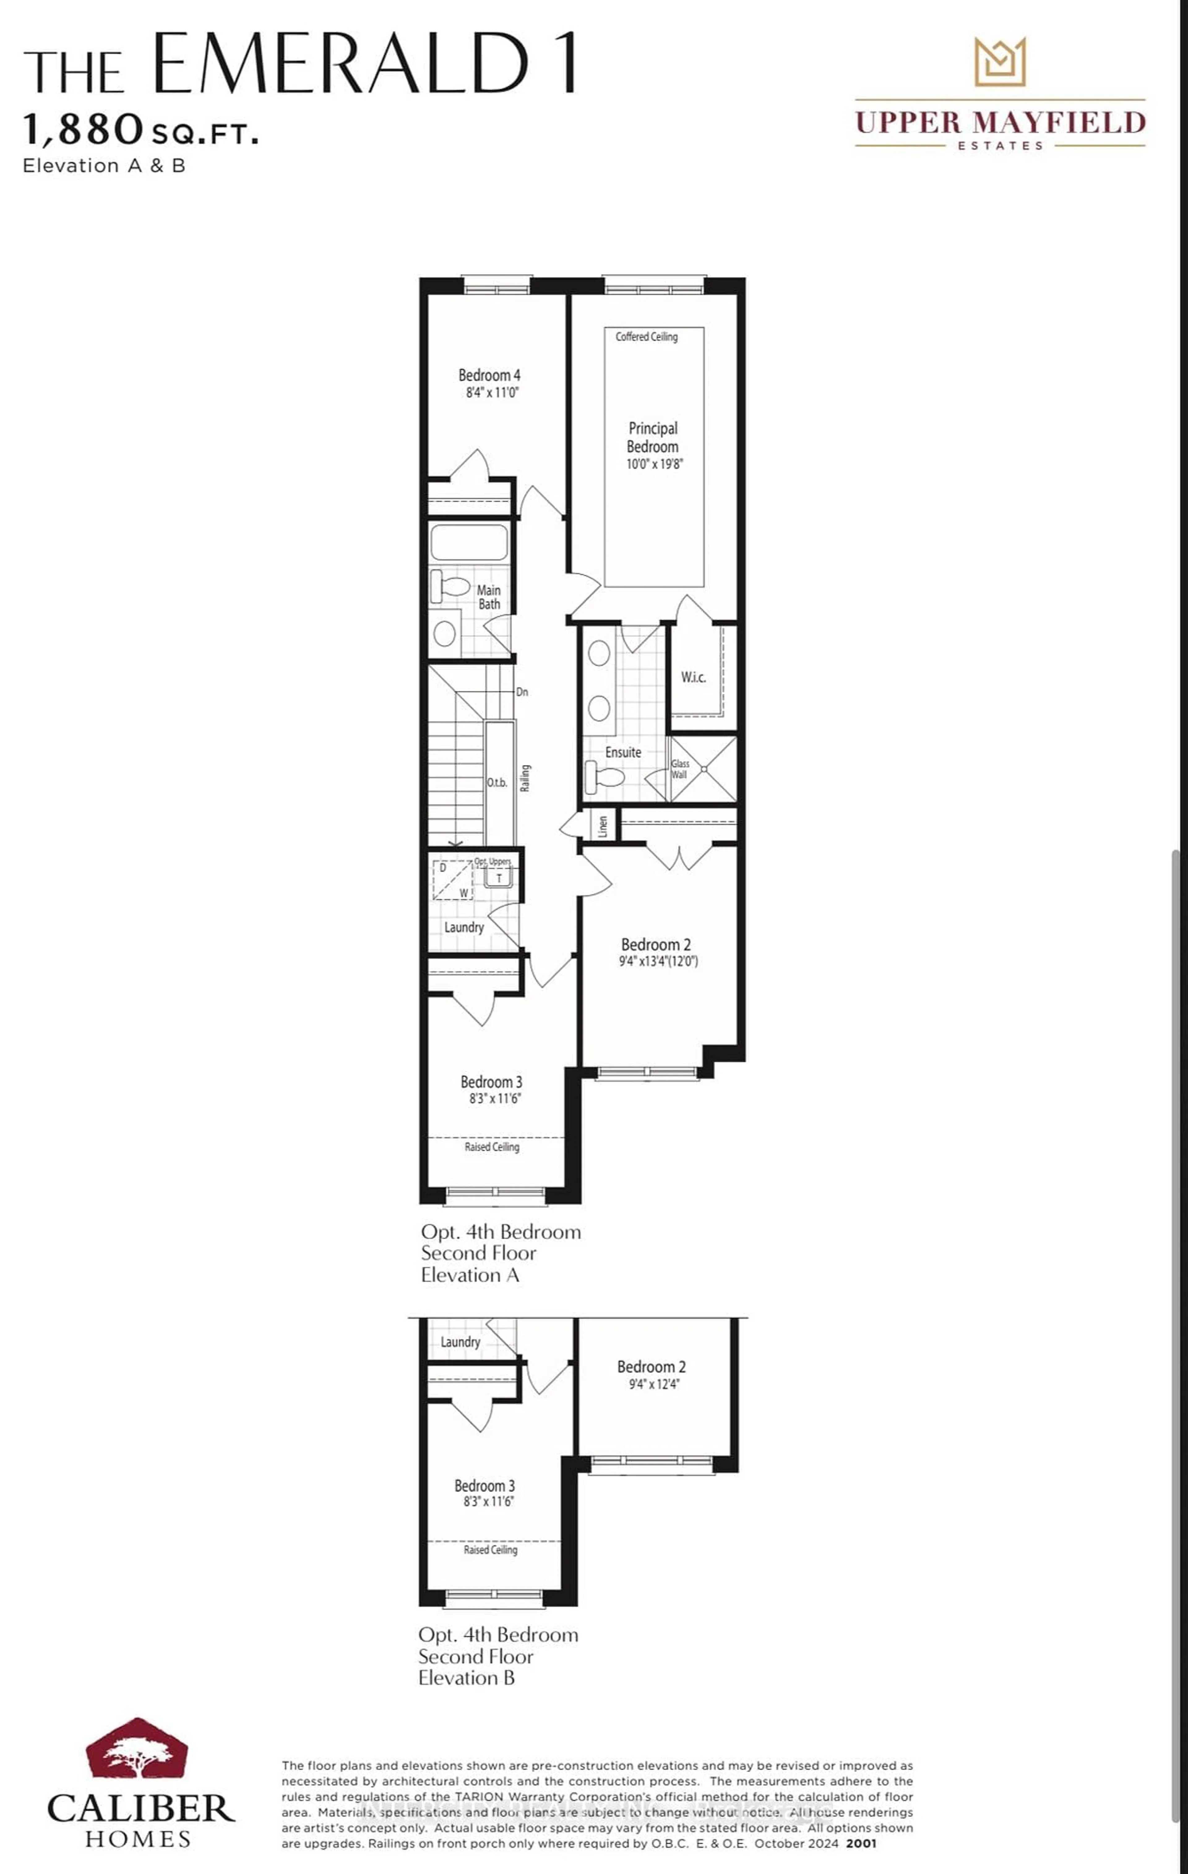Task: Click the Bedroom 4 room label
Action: click(489, 375)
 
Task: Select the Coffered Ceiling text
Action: click(646, 337)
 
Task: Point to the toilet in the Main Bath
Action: click(450, 586)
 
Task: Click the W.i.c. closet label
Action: click(693, 677)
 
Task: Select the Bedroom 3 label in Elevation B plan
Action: click(484, 1486)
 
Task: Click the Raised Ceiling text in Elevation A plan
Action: click(492, 1147)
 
